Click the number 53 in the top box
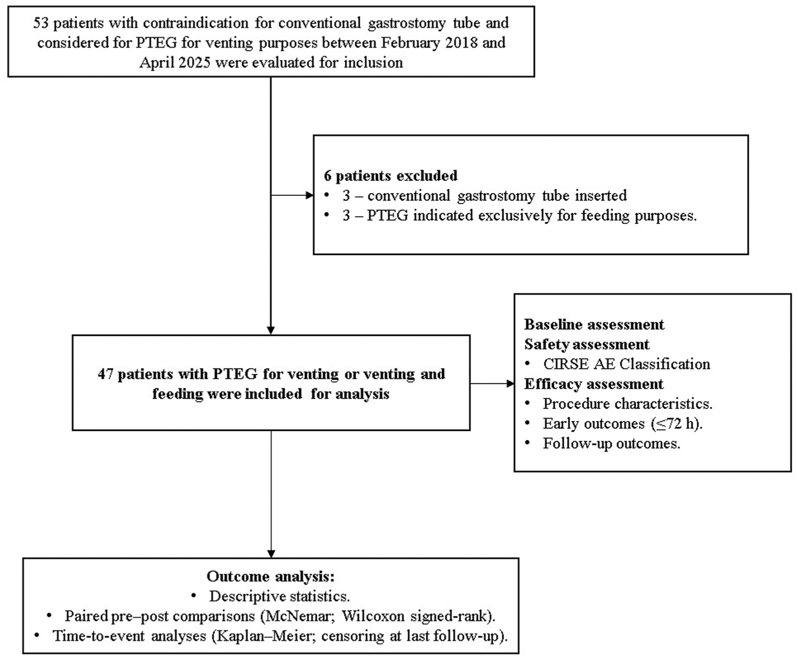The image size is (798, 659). coord(41,23)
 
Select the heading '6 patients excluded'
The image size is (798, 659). coord(391,176)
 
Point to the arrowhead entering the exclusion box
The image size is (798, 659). coord(310,195)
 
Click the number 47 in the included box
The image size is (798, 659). coord(106,374)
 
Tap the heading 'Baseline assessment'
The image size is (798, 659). coord(594,325)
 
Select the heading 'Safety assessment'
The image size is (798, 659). coord(587,344)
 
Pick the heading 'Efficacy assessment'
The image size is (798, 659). coord(593,384)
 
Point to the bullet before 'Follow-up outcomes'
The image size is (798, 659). coord(528,443)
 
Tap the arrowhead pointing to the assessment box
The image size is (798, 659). coord(510,384)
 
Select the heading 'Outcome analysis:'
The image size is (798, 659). coord(271,576)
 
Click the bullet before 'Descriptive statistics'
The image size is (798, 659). coord(194,596)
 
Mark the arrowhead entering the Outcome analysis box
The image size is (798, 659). coord(271,554)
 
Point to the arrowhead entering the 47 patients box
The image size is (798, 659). coord(271,331)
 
